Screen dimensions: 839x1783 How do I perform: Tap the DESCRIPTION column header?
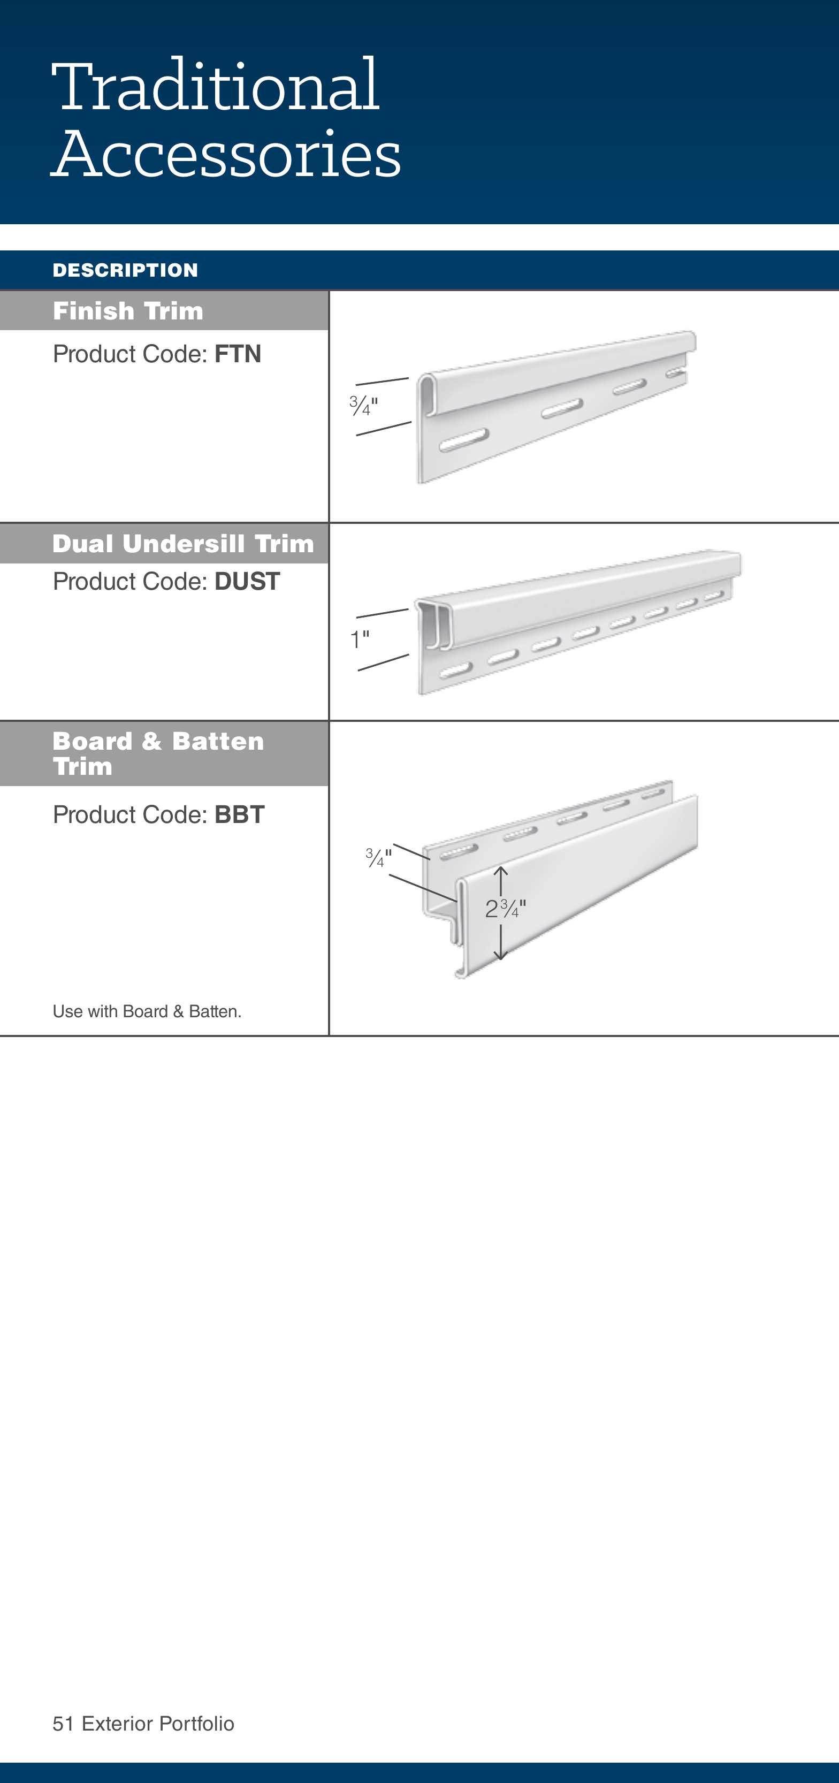tap(125, 270)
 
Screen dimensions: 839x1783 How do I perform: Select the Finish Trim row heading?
tap(128, 311)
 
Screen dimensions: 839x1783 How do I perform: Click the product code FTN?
tap(238, 354)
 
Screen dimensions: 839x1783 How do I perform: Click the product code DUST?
tap(247, 582)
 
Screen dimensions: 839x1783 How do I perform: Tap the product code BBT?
tap(240, 814)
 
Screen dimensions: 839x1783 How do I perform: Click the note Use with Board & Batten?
tap(147, 1011)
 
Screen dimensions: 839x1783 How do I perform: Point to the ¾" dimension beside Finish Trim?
tap(363, 406)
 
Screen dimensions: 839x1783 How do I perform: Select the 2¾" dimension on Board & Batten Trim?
tap(505, 909)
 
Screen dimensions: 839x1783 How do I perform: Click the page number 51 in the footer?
tap(63, 1724)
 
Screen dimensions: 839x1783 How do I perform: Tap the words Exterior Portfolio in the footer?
tap(158, 1724)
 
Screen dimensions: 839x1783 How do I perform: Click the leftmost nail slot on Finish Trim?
tap(464, 440)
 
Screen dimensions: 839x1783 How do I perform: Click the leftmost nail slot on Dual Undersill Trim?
tap(455, 670)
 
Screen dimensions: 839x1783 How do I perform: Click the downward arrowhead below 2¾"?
tap(500, 955)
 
